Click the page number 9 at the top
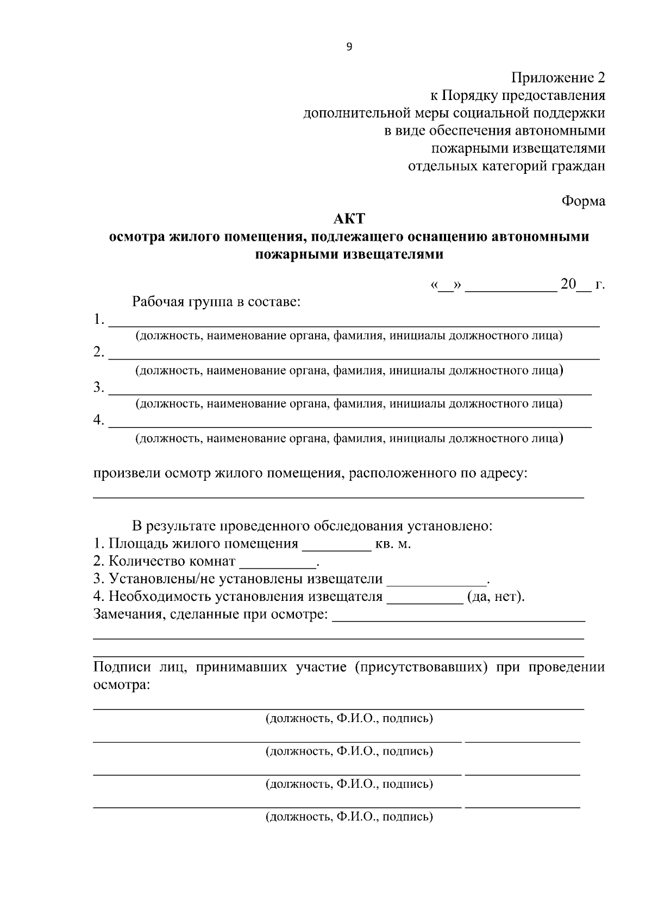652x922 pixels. point(349,47)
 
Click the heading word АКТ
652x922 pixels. point(349,219)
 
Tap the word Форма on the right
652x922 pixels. point(583,201)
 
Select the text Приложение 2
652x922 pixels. point(558,78)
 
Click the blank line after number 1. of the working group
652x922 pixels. point(353,324)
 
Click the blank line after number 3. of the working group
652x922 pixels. point(350,392)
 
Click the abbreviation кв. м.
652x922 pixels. point(392,544)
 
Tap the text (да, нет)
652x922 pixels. point(496,597)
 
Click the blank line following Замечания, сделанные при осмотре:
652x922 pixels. point(458,619)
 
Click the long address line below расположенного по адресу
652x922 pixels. point(338,497)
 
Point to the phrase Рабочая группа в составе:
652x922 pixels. point(216,302)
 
